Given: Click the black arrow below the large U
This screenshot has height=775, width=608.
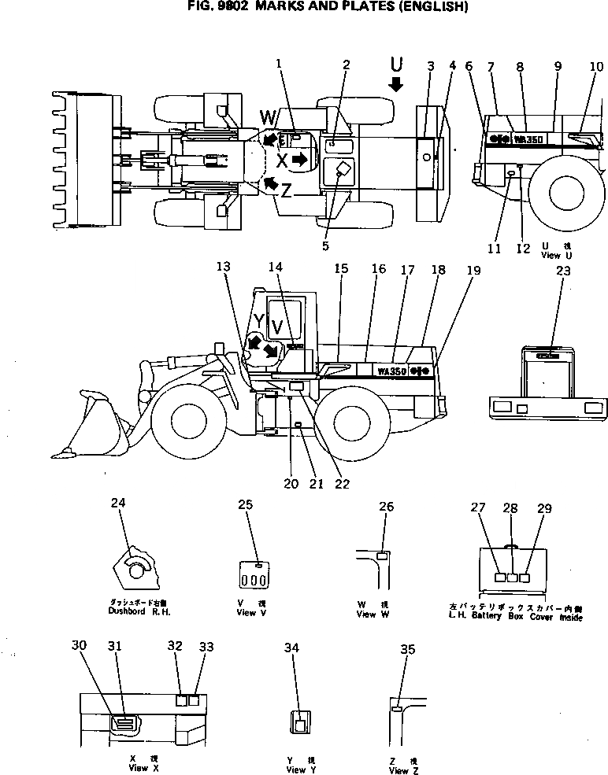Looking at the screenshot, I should point(396,84).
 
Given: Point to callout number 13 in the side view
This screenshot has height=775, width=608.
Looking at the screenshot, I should point(224,267).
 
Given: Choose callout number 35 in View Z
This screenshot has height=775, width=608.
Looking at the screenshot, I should point(407,649).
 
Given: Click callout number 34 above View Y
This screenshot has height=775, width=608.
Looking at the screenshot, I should point(292,648).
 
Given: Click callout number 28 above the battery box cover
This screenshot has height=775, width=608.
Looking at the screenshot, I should point(510,508).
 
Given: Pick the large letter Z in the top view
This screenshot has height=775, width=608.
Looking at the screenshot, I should point(287,189).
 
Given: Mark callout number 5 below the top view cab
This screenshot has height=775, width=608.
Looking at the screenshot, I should point(325,245).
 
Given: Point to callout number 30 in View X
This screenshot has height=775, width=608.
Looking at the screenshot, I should point(78,645).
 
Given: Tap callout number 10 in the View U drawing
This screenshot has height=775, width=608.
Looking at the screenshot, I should point(596,67).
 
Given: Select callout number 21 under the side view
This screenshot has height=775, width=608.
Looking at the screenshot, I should point(316,484).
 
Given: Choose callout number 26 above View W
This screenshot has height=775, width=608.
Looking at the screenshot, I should point(386,507).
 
